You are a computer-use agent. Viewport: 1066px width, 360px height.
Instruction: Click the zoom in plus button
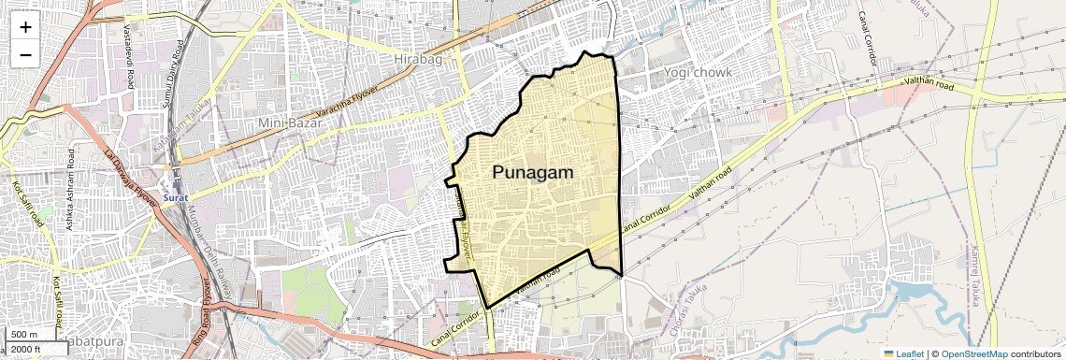25,27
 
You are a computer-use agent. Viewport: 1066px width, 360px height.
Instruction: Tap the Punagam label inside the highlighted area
532,173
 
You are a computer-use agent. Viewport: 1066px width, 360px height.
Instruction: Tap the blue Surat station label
176,198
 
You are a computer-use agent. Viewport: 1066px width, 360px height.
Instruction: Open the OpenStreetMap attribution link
973,353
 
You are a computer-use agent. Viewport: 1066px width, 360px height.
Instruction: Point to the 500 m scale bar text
24,335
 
